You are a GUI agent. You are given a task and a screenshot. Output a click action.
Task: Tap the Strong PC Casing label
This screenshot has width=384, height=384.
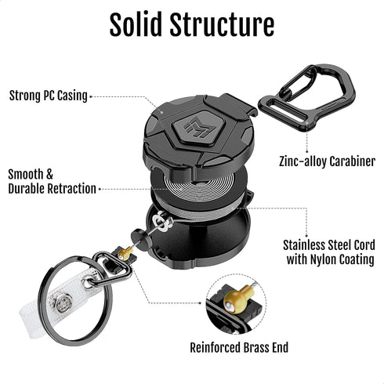tap(48, 96)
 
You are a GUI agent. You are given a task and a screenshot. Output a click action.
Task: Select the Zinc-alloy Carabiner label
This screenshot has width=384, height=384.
tap(327, 162)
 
